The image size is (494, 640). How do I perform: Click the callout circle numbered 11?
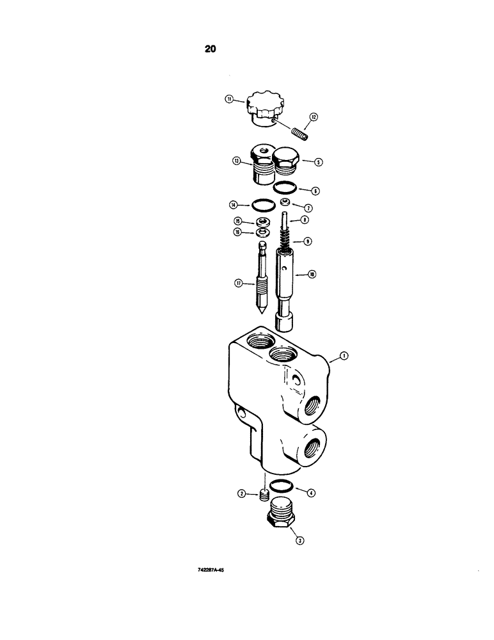click(x=228, y=99)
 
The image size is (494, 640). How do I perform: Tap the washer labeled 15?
click(x=262, y=221)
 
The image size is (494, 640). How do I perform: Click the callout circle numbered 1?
click(x=344, y=356)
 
